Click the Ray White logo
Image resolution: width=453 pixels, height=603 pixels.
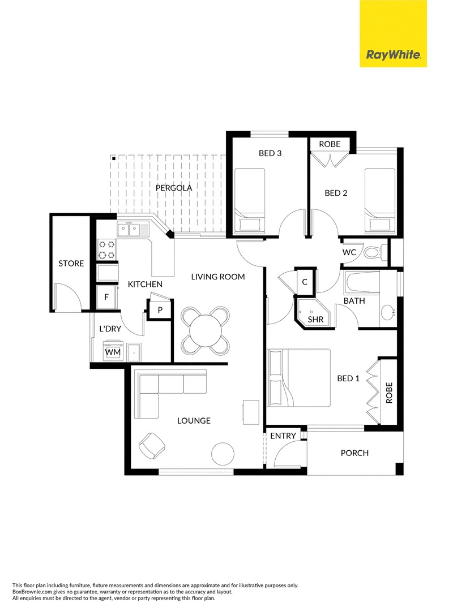click(393, 33)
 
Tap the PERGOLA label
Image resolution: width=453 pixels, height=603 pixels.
click(174, 188)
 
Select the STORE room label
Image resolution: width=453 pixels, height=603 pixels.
click(71, 264)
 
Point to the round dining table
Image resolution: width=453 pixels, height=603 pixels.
click(206, 330)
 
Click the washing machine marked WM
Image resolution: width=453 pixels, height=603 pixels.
click(113, 351)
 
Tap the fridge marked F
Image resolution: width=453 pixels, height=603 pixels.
click(106, 297)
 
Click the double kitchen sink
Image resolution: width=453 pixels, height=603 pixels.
click(129, 230)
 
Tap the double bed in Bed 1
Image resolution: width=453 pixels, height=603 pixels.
click(298, 377)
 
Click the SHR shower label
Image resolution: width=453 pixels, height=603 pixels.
click(315, 319)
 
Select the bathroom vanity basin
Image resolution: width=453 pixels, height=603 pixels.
click(388, 313)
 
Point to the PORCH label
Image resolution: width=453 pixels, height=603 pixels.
click(354, 453)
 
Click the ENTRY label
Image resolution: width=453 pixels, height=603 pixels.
click(283, 436)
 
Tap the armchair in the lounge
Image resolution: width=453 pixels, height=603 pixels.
click(153, 446)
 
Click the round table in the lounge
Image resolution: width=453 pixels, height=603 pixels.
click(223, 454)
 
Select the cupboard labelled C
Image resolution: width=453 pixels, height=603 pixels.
click(305, 282)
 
